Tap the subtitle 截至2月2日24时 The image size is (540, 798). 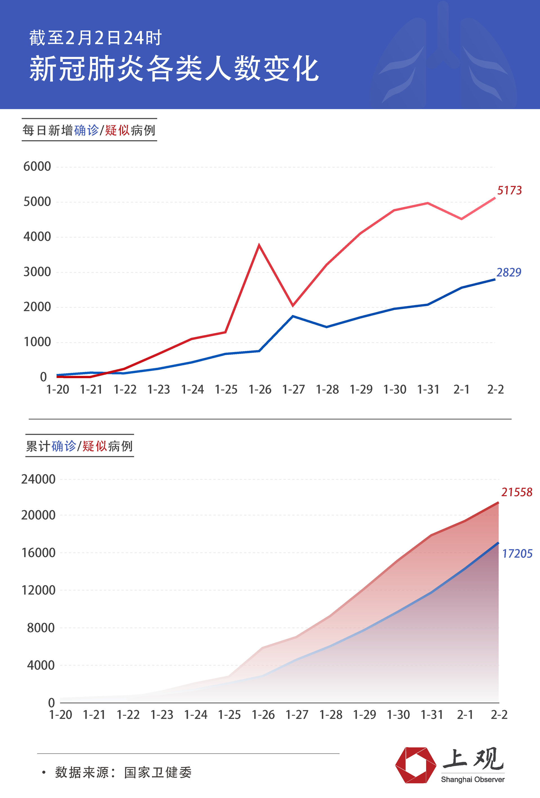pyautogui.click(x=95, y=38)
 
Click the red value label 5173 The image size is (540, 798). pyautogui.click(x=509, y=190)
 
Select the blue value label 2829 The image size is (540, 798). pyautogui.click(x=509, y=272)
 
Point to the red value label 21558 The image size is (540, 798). pyautogui.click(x=517, y=492)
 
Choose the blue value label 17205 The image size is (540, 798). pyautogui.click(x=517, y=554)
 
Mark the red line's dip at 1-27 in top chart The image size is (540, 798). pyautogui.click(x=292, y=305)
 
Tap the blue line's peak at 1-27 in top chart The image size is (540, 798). pyautogui.click(x=292, y=316)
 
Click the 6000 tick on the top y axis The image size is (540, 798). pyautogui.click(x=37, y=167)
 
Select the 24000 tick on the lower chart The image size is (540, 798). pyautogui.click(x=38, y=479)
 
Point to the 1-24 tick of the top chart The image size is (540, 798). pyautogui.click(x=192, y=389)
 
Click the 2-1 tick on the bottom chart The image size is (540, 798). pyautogui.click(x=465, y=715)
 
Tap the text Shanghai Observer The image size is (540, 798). pyautogui.click(x=472, y=779)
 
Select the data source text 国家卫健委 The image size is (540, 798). pyautogui.click(x=158, y=773)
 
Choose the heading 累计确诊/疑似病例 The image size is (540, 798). pyautogui.click(x=79, y=446)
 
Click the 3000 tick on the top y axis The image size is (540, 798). pyautogui.click(x=37, y=272)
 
